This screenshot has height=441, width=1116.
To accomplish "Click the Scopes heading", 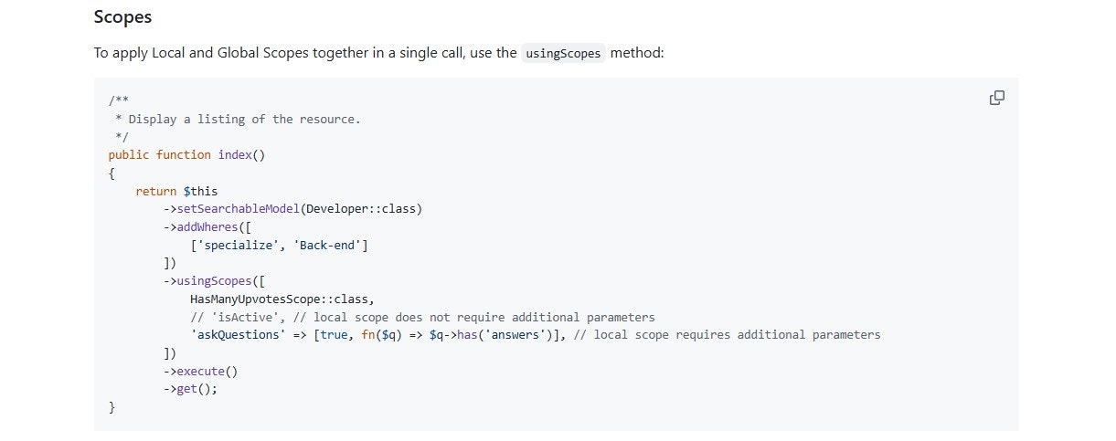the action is (x=122, y=17).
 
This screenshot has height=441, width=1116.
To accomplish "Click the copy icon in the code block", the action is (x=997, y=98).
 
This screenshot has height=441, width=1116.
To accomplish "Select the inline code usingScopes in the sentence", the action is (x=563, y=53).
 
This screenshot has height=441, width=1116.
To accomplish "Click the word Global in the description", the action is (x=238, y=53).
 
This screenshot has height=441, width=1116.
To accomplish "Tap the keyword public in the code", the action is (x=129, y=155).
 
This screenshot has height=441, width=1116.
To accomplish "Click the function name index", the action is (x=235, y=155).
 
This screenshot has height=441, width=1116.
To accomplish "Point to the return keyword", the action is (x=156, y=191).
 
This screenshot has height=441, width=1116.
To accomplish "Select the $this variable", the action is (x=200, y=191).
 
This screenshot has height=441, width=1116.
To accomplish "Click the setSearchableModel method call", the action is (x=239, y=208).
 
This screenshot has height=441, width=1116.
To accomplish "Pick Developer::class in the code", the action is (x=361, y=208).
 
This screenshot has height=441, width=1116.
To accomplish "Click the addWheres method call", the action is (x=207, y=227).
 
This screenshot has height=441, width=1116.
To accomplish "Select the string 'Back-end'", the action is (x=327, y=245).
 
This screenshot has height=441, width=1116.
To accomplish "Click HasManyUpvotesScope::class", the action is (x=279, y=299).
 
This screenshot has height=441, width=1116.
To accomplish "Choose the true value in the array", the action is (x=334, y=334).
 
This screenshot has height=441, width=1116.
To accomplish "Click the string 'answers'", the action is (x=515, y=334).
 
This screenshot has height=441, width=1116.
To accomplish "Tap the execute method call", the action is (x=200, y=372).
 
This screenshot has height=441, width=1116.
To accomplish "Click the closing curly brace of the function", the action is (x=112, y=407).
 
